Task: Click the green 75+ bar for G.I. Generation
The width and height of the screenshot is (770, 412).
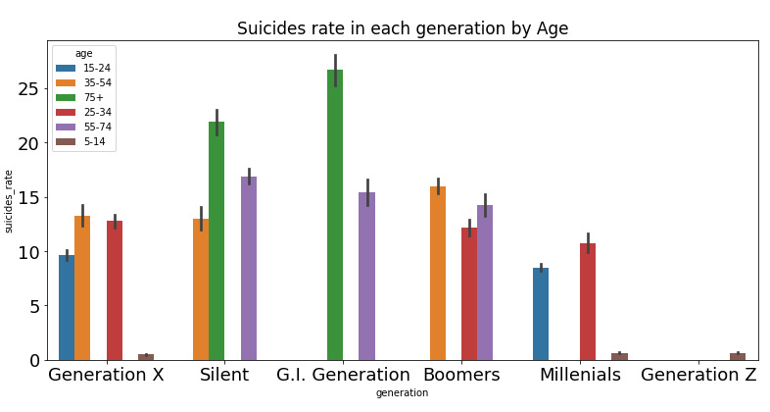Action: point(335,215)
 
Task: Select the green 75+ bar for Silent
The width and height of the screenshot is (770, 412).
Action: point(217,240)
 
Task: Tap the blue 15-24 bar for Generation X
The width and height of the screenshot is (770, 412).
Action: point(67,307)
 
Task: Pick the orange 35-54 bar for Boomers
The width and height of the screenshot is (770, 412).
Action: point(438,273)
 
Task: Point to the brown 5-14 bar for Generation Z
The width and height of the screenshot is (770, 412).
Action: point(738,357)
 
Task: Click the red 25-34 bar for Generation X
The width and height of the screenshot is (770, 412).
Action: point(115,290)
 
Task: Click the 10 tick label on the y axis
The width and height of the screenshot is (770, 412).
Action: point(30,252)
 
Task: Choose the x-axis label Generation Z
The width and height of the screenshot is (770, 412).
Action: point(698,375)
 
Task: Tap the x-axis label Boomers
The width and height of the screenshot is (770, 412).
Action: point(461,375)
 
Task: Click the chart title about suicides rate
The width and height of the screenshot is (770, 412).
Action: point(403,28)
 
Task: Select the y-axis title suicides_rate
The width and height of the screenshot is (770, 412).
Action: point(10,201)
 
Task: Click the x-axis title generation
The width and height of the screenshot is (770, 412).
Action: point(402,393)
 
